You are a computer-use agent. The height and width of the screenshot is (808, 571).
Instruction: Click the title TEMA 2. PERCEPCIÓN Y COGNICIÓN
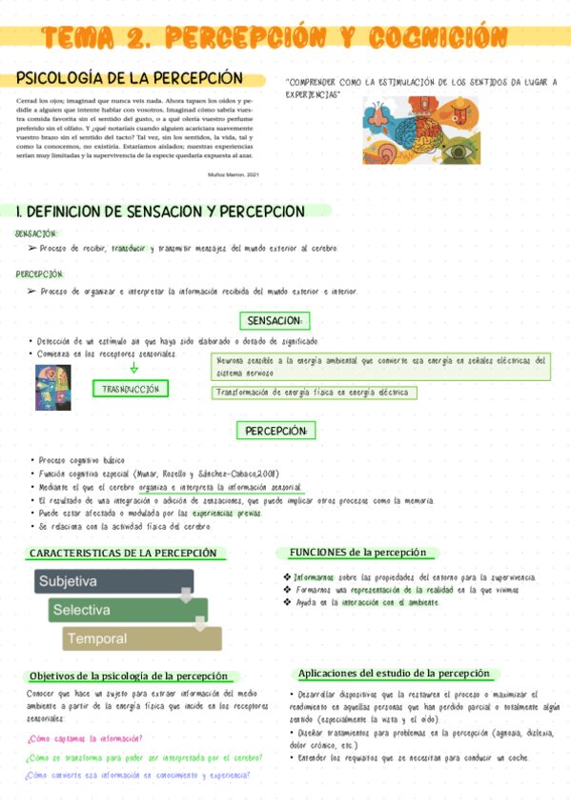click(x=275, y=38)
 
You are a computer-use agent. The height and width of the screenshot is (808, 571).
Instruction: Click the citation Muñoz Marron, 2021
click(x=233, y=174)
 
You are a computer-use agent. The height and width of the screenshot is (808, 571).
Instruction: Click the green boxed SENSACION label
click(x=274, y=320)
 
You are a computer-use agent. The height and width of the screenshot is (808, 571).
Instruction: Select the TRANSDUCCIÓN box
click(x=131, y=389)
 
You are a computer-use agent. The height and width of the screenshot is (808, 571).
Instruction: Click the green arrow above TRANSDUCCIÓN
click(x=133, y=368)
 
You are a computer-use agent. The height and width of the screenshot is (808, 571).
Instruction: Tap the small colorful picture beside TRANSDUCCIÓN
click(x=51, y=387)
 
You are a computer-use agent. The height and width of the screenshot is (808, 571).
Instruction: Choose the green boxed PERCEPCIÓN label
click(x=275, y=431)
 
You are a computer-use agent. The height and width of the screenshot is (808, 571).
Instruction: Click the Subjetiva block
click(x=114, y=581)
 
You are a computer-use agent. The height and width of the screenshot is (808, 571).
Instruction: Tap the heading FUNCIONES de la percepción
click(x=358, y=552)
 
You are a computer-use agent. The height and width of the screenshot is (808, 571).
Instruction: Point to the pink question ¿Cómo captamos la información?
click(x=86, y=738)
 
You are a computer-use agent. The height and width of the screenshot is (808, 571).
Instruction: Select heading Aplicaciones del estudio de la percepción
click(x=393, y=673)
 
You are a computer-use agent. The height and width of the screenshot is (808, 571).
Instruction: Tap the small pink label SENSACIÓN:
click(x=36, y=232)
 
